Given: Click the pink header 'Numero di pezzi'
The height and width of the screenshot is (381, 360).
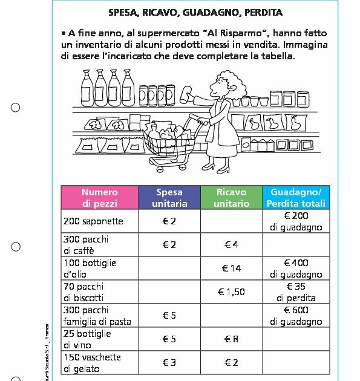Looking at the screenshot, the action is (x=100, y=198).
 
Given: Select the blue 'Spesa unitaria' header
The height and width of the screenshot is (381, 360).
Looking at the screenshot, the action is (x=169, y=198).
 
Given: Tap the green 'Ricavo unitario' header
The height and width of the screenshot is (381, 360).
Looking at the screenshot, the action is (x=231, y=198).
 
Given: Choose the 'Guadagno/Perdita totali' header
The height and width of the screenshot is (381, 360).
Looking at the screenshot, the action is (x=296, y=198).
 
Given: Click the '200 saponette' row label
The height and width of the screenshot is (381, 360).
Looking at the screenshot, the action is (x=93, y=221).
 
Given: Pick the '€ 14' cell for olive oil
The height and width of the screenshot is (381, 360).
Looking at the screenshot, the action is (x=231, y=269).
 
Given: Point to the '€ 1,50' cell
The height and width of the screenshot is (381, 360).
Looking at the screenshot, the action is (x=231, y=292).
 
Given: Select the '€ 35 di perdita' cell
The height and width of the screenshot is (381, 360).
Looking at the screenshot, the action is (x=296, y=292).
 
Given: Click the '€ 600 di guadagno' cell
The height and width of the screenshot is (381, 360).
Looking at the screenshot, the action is (x=296, y=316).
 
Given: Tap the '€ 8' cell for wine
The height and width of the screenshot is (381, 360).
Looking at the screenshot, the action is (x=231, y=339).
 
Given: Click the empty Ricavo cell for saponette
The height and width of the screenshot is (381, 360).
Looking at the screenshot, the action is (x=231, y=221).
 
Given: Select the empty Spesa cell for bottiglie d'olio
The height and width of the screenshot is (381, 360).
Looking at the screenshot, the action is (x=169, y=269).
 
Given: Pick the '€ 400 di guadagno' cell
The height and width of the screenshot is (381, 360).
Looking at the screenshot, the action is (x=296, y=269).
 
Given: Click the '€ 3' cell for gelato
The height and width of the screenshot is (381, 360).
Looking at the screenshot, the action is (x=169, y=363).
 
